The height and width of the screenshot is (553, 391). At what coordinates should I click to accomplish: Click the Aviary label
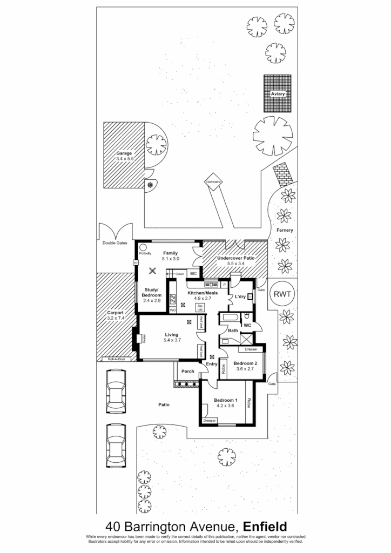277,94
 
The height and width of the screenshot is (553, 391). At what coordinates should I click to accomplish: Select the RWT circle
280,294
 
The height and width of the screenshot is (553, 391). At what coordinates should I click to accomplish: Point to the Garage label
124,153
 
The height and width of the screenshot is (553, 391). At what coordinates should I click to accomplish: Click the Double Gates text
114,244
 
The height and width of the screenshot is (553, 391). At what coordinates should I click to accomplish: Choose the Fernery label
285,231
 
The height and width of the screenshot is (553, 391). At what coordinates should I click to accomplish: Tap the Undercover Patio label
235,259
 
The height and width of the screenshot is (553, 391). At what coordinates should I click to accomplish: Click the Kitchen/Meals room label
202,292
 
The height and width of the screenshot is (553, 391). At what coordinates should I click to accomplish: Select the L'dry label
240,297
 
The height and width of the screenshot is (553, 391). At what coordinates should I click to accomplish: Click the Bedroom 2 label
245,363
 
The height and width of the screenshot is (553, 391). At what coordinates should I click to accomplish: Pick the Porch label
187,371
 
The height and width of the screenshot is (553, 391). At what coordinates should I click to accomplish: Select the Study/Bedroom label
152,293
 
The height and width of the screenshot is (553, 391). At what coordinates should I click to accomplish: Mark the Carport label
116,312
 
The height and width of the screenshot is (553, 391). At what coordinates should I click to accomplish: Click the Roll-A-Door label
116,359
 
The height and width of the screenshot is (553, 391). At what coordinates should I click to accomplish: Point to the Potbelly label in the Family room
144,253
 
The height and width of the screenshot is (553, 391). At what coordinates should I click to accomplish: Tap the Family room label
171,253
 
